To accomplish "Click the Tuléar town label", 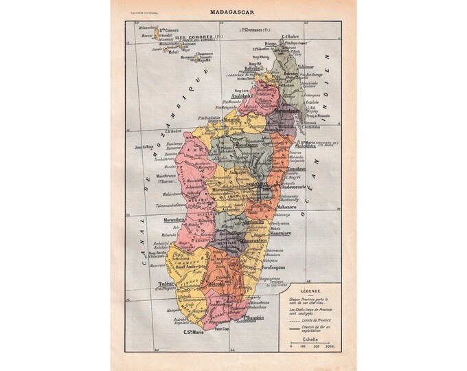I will point(168,283).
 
